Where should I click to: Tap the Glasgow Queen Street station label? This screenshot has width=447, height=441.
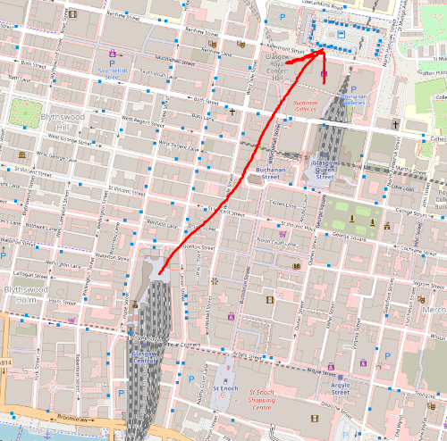click(x=321, y=171)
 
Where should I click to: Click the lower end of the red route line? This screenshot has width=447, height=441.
click(x=160, y=272)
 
